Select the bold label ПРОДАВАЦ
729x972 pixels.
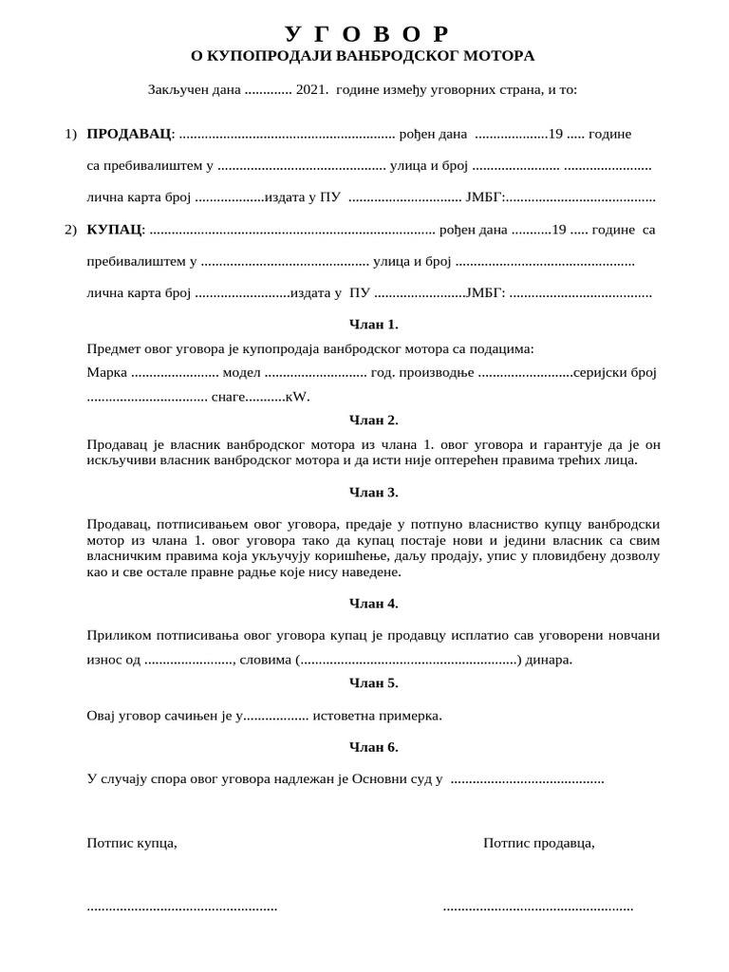tap(130, 134)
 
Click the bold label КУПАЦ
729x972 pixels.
tap(115, 230)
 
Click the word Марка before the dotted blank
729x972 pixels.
tap(106, 373)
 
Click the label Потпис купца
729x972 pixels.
tap(132, 843)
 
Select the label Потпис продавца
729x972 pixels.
tap(539, 843)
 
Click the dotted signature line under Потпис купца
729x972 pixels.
tap(182, 908)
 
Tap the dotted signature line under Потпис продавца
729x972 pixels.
tap(538, 908)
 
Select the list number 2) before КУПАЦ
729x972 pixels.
tap(71, 230)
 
